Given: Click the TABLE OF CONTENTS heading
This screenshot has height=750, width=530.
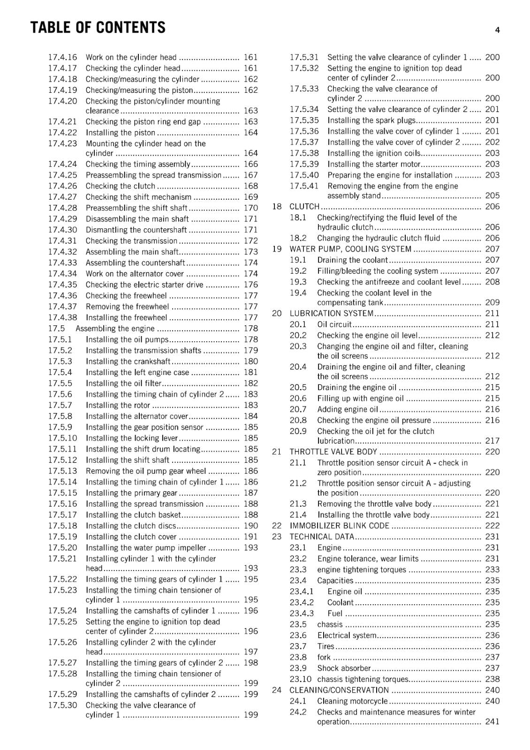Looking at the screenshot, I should tap(98, 28).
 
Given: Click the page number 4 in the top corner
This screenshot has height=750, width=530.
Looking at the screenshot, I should tap(497, 30).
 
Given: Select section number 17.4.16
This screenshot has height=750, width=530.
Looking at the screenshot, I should tap(62, 57).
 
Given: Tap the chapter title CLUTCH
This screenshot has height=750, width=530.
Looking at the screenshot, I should tap(304, 207).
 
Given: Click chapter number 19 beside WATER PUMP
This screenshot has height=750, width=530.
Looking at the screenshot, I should tap(277, 249).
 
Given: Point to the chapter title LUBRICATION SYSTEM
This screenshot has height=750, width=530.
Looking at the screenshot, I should tap(331, 313).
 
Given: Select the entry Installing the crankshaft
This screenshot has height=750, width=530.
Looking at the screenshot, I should tap(128, 361).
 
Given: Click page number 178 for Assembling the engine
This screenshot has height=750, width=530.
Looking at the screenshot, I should tap(250, 329).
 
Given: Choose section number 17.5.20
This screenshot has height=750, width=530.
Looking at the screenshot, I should tap(62, 547).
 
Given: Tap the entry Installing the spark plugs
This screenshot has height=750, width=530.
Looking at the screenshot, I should tap(371, 120).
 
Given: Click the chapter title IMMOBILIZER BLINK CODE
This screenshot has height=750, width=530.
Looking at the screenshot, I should tap(339, 526).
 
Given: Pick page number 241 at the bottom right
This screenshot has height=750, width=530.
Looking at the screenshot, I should tap(492, 722).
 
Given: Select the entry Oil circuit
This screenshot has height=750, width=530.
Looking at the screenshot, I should tap(334, 324).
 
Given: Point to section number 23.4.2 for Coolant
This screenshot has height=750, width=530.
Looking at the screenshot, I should tap(302, 602).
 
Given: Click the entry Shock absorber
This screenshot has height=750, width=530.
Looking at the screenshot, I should tap(344, 668).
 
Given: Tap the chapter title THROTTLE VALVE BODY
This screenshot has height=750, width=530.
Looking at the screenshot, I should tap(333, 452).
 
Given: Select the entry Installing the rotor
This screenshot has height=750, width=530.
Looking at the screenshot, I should tap(118, 405).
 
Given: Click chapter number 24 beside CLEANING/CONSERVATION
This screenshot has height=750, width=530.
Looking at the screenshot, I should tap(277, 690).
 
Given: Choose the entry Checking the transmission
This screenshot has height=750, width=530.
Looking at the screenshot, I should tap(131, 241).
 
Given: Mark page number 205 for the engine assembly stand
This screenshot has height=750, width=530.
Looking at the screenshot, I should tap(492, 195).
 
